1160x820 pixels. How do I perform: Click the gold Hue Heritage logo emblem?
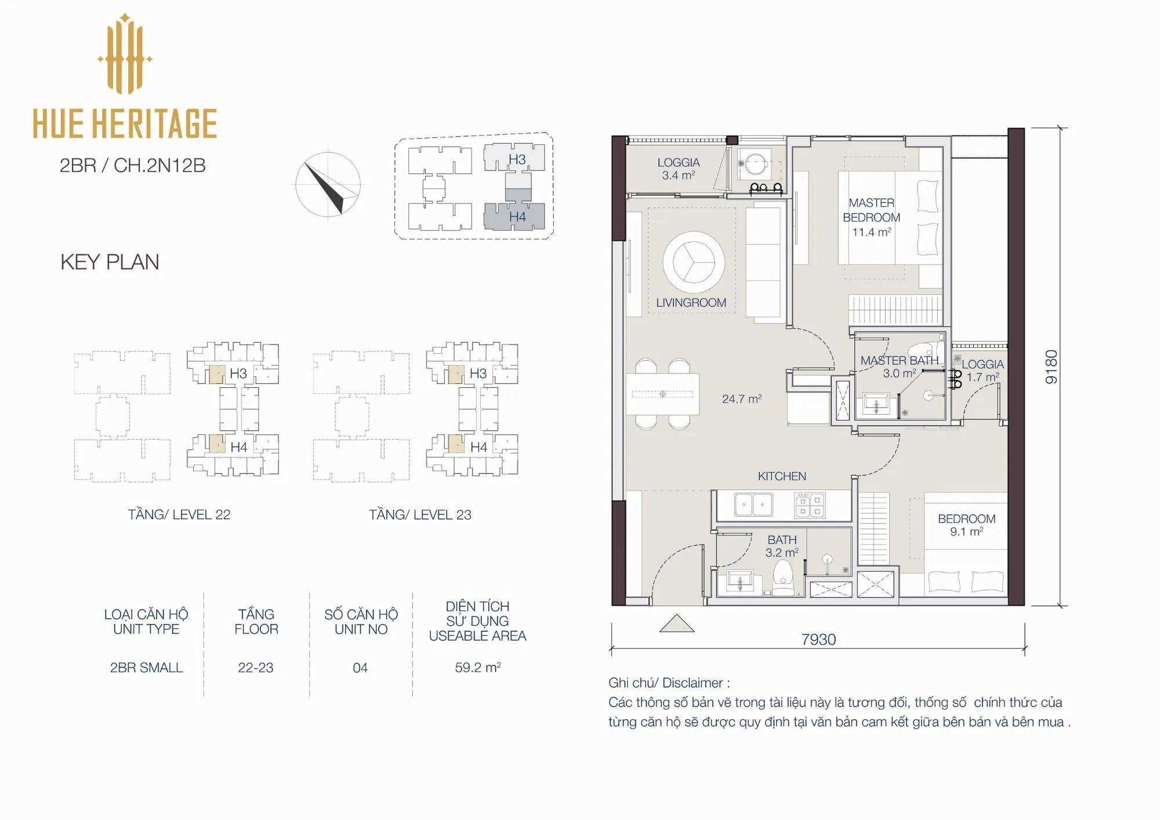(125, 54)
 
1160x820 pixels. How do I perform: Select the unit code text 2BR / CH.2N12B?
(132, 166)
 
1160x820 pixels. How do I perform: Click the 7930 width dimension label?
(818, 640)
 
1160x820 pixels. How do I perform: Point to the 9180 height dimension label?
(1052, 367)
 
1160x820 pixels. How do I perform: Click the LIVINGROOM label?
(691, 303)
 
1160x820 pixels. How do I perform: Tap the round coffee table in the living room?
(694, 262)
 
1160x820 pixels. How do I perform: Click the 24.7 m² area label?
(742, 399)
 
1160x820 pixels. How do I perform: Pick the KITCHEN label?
(782, 476)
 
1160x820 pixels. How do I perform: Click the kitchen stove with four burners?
(810, 505)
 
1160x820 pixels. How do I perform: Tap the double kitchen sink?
(753, 505)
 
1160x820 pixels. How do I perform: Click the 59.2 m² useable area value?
(478, 667)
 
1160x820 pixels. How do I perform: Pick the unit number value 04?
(360, 668)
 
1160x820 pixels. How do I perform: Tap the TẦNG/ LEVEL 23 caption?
(420, 515)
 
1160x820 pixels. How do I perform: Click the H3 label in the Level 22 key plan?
(238, 373)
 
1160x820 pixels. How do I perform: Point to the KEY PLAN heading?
(110, 262)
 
